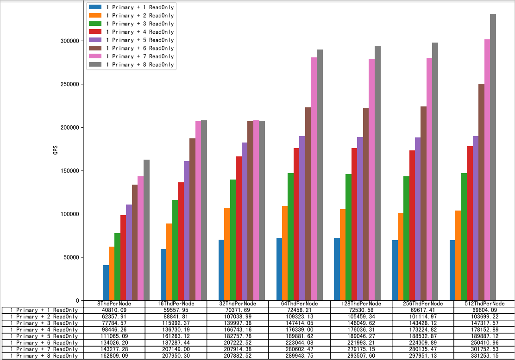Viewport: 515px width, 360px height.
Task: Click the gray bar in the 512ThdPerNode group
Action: [x=493, y=157]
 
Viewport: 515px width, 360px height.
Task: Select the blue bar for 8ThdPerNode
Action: [x=106, y=283]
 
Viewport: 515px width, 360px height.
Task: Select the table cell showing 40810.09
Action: [x=114, y=310]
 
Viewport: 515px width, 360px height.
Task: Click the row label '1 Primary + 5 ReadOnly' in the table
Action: [x=44, y=336]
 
